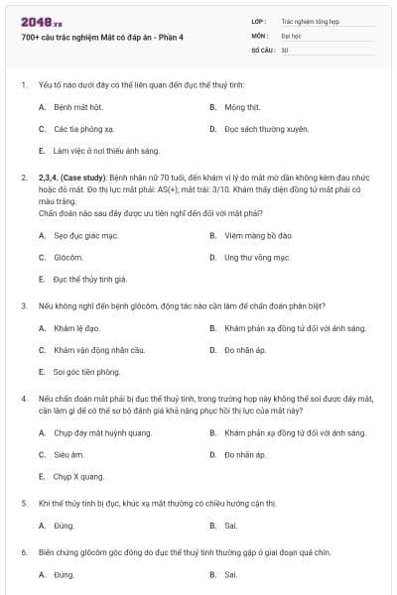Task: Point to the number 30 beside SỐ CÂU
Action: (x=285, y=49)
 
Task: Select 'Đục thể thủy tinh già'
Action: (x=89, y=280)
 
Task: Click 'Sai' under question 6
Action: (x=230, y=574)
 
